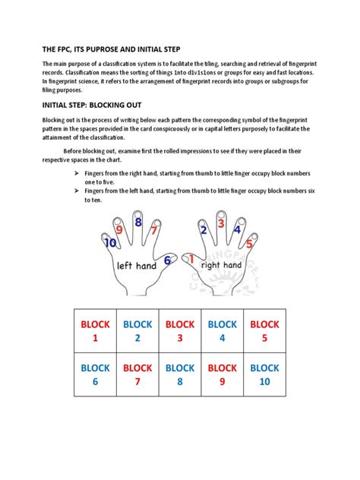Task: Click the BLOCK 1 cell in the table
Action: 96,331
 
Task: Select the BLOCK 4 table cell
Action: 223,331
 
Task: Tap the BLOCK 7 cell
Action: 138,374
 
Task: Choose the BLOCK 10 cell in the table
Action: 264,374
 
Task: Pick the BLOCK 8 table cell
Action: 180,374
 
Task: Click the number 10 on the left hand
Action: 111,243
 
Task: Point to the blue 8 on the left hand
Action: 137,223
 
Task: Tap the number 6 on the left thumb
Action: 169,261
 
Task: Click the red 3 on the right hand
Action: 220,223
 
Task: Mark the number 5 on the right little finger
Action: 250,243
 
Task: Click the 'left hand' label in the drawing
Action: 137,267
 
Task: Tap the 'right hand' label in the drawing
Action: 221,265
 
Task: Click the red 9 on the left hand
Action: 119,229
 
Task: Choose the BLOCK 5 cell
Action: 264,331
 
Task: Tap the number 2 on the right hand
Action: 204,229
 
